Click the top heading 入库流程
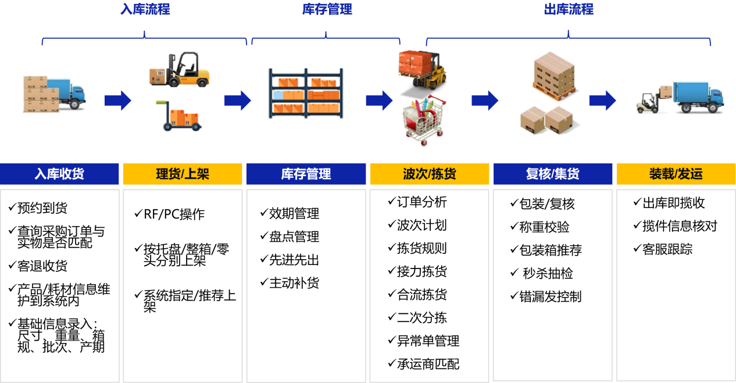(x=145, y=9)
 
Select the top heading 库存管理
(x=327, y=9)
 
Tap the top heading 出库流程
(x=569, y=9)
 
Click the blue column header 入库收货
(x=59, y=174)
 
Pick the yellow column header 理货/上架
(x=183, y=174)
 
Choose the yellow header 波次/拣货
(x=430, y=174)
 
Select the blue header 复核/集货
(x=553, y=174)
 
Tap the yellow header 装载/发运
(x=676, y=174)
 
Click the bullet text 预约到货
(x=42, y=208)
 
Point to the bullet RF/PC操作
(x=174, y=214)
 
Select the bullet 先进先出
(x=294, y=260)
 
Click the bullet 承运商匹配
(x=428, y=364)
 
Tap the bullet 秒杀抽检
(x=548, y=273)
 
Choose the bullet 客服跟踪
(x=667, y=249)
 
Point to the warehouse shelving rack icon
(x=306, y=94)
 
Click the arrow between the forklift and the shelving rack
(x=238, y=101)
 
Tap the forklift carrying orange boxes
(x=422, y=70)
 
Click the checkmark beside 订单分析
(x=392, y=201)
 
